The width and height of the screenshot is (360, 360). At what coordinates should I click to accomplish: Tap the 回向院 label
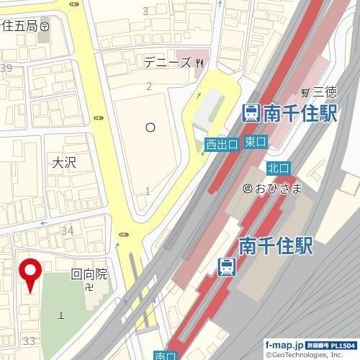[x=89, y=274]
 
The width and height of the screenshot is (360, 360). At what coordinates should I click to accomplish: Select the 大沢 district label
[x=63, y=163]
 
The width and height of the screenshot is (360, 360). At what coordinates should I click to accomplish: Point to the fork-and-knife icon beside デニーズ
[x=199, y=63]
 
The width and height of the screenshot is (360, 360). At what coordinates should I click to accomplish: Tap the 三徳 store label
[x=323, y=91]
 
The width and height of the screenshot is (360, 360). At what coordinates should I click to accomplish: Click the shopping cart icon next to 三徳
[x=305, y=91]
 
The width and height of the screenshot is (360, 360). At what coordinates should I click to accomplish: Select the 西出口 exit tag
[x=221, y=145]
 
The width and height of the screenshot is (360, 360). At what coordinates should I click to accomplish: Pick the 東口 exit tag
[x=256, y=141]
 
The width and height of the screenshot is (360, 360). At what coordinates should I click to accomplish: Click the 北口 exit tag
[x=277, y=167]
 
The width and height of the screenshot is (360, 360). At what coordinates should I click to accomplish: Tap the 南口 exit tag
[x=165, y=355]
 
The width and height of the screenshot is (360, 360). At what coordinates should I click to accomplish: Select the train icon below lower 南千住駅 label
[x=226, y=266]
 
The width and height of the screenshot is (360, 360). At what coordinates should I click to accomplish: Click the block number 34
[x=68, y=230]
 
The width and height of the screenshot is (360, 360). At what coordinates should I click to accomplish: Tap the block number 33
[x=30, y=340]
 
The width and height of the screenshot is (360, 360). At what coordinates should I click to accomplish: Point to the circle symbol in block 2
[x=150, y=127]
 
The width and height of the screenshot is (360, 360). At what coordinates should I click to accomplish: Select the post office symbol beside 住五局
[x=45, y=25]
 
